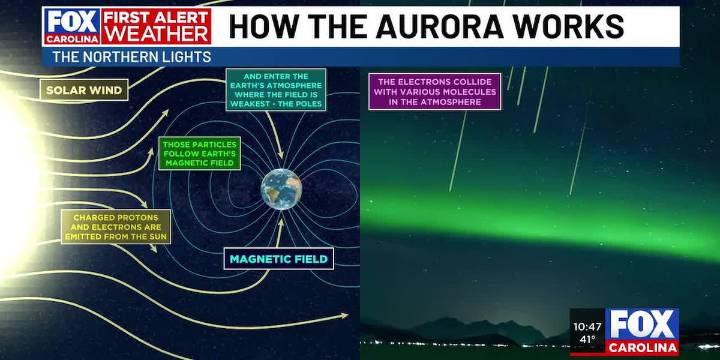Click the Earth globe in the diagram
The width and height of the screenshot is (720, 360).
pos(281,188)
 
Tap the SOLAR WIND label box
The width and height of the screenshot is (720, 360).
pos(84,91)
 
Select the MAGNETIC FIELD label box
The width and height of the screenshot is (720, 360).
pos(278,259)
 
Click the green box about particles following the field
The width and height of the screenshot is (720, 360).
pos(198,154)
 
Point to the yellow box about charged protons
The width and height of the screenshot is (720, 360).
pos(116,226)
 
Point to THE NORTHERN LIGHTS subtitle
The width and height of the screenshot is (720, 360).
pos(131,57)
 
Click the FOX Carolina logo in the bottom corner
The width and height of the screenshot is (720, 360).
pos(643,330)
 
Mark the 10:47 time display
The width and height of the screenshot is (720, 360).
pos(587,326)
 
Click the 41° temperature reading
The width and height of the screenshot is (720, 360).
pos(586,340)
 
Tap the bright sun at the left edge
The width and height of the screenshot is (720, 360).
pos(12,180)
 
